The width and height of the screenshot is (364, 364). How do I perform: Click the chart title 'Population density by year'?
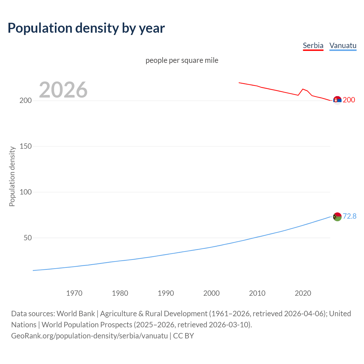pos(86,28)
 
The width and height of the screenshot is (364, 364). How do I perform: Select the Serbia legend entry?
pos(313,45)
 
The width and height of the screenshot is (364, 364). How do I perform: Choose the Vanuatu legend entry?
pos(343,45)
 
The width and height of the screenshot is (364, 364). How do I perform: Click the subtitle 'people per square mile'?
pos(182,60)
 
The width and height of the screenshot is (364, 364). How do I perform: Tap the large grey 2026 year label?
pos(63,90)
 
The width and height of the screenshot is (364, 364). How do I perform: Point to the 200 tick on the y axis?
pos(26,101)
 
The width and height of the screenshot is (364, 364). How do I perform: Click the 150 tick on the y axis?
pos(26,146)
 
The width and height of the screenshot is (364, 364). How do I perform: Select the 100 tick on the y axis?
pos(26,192)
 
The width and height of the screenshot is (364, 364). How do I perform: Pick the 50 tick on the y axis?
pos(28,238)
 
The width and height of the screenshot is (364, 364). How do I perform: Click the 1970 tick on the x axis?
pos(74,293)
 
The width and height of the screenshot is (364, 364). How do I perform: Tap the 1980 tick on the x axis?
pos(120,293)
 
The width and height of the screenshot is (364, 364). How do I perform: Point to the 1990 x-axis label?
pos(166,293)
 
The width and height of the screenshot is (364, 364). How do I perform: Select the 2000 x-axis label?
pos(211,293)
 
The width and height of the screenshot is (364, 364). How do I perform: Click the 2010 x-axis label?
pos(257,293)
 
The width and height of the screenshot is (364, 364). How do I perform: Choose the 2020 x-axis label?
pos(303,293)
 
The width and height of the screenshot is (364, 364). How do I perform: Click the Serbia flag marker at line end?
pos(337,100)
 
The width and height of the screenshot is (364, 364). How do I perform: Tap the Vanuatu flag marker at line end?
pos(337,217)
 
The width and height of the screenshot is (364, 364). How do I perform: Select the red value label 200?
pos(349,100)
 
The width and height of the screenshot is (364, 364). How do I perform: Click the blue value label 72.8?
pos(349,216)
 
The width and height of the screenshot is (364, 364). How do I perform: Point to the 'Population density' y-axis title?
pos(12,176)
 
